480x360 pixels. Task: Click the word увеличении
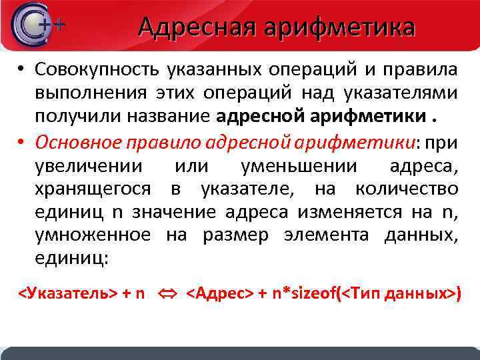point(84,166)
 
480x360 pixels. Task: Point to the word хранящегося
point(93,189)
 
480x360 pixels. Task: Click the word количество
point(407,189)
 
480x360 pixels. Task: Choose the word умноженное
point(92,235)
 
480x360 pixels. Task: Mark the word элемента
point(327,235)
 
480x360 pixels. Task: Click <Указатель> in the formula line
point(67,293)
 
